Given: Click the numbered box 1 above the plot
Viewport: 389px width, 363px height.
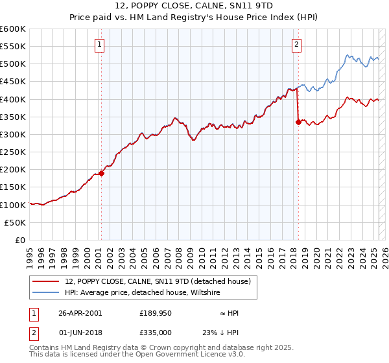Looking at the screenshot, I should (100, 45).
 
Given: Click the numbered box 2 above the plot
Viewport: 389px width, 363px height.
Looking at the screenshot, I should (296, 45).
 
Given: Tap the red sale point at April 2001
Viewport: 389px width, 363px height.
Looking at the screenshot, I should (101, 173).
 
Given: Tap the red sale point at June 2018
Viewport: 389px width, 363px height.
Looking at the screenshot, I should (298, 122).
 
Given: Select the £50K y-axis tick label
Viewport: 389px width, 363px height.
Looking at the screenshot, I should (16, 222).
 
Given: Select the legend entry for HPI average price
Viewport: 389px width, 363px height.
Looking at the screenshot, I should (143, 292).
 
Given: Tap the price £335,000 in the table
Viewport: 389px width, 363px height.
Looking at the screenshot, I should (155, 333).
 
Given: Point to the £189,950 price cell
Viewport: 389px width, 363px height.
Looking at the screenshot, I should (155, 313).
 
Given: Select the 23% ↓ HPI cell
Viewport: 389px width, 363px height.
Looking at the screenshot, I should (220, 333).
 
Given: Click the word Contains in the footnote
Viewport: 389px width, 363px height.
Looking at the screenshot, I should (45, 348).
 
